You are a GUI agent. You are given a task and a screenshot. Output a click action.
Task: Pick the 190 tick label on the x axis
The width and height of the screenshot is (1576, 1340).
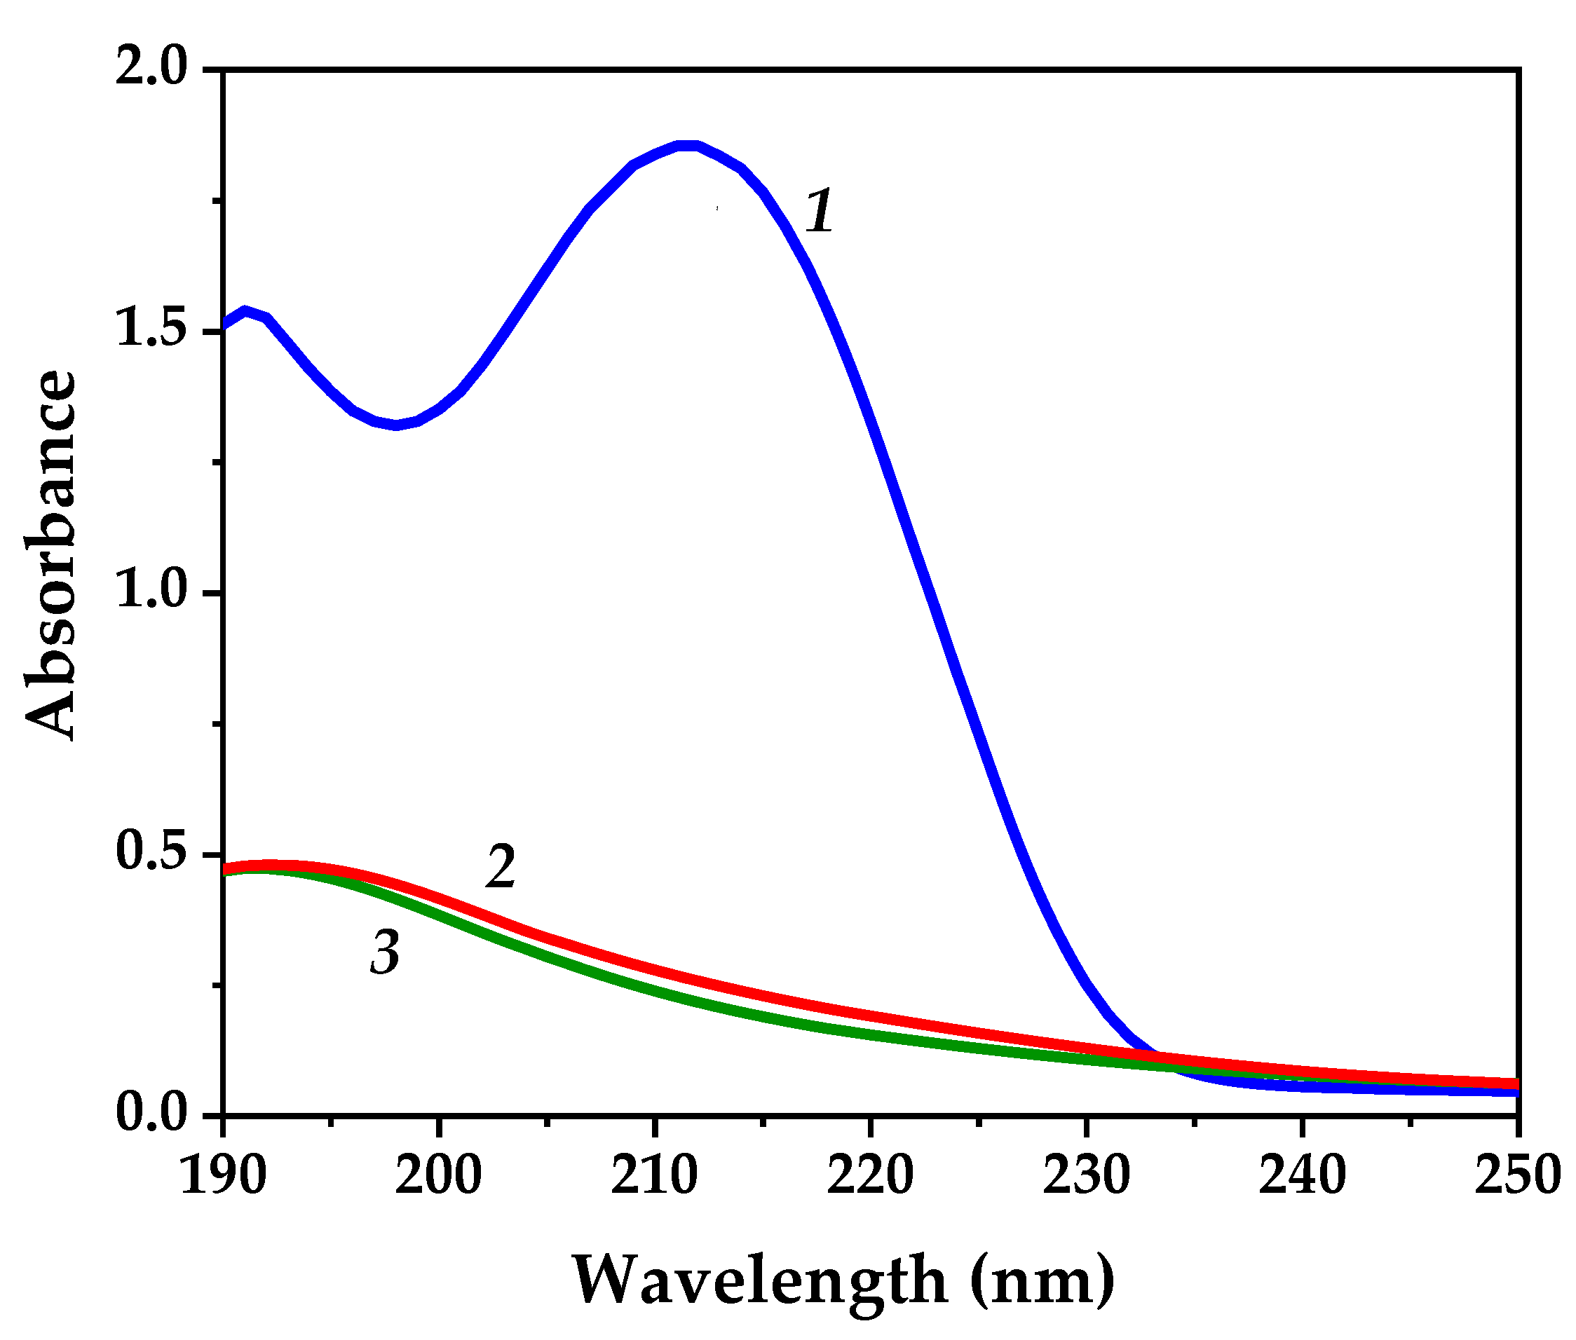pyautogui.click(x=223, y=1176)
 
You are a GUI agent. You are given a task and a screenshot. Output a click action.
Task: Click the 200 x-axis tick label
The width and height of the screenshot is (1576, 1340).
pyautogui.click(x=438, y=1176)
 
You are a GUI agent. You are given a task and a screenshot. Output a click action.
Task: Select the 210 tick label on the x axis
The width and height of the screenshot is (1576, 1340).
pyautogui.click(x=654, y=1176)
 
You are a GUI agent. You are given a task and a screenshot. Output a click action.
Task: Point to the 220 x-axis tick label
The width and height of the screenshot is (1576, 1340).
pyautogui.click(x=870, y=1176)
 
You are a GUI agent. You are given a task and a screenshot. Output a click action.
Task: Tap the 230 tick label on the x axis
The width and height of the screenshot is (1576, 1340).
pyautogui.click(x=1087, y=1176)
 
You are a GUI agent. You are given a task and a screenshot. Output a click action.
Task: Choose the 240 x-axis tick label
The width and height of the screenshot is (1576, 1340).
pyautogui.click(x=1303, y=1176)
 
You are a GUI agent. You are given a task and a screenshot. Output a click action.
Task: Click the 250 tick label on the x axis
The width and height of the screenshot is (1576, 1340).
pyautogui.click(x=1516, y=1176)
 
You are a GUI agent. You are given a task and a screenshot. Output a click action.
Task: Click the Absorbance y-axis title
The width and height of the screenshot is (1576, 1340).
pyautogui.click(x=52, y=554)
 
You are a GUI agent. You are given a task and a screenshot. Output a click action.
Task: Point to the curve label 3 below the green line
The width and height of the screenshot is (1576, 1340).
pyautogui.click(x=386, y=952)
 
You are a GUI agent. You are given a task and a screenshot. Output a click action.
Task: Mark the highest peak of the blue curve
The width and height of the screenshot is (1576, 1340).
pyautogui.click(x=687, y=145)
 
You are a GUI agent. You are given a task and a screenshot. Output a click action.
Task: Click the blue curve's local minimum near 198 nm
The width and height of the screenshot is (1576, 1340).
pyautogui.click(x=396, y=425)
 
